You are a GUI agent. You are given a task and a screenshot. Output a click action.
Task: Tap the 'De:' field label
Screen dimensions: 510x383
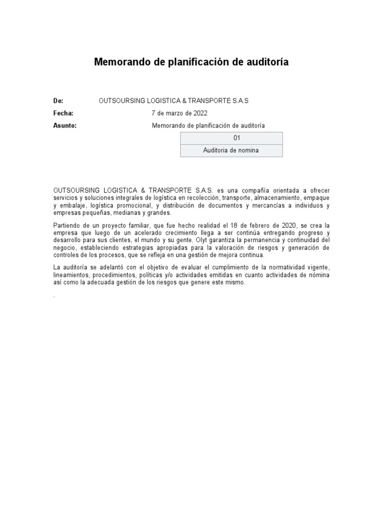[58, 101]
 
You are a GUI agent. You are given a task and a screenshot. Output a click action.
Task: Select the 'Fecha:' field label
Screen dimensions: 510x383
[63, 113]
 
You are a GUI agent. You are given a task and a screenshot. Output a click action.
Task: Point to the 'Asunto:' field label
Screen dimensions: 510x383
[65, 126]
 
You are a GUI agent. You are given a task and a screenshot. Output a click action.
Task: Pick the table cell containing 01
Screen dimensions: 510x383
[231, 138]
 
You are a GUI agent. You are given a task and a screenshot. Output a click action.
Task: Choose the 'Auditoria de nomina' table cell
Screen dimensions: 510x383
[231, 150]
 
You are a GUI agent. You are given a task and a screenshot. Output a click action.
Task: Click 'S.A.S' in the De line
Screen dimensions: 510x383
[239, 101]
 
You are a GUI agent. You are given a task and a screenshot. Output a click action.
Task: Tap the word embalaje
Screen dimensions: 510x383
[73, 205]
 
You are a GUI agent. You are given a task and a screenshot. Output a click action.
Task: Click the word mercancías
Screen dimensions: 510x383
[268, 205]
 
